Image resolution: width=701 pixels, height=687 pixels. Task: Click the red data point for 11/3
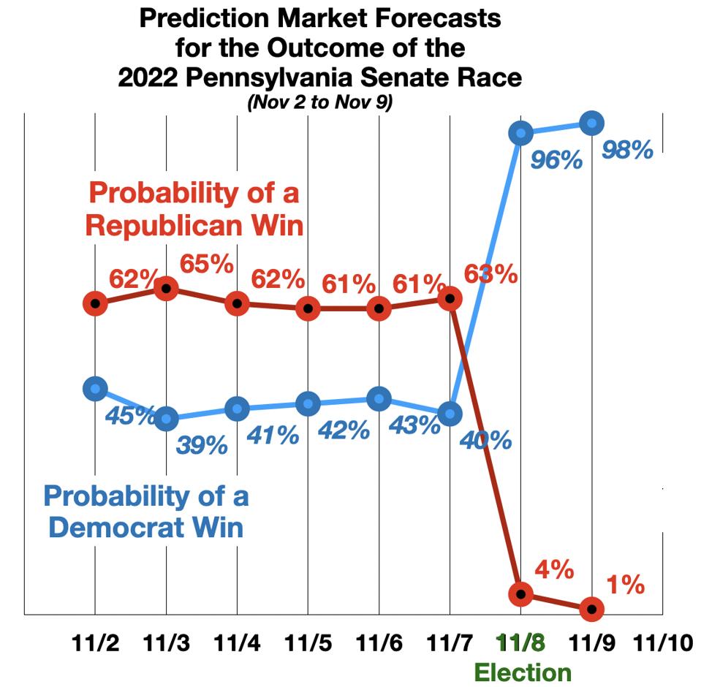[167, 289]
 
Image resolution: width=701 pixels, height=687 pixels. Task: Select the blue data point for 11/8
[520, 133]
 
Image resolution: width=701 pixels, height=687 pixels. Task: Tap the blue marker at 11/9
[591, 124]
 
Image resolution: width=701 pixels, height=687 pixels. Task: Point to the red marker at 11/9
[591, 608]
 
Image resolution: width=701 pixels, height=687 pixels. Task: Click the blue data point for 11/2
[95, 389]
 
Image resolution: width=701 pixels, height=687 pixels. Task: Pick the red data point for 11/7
[451, 298]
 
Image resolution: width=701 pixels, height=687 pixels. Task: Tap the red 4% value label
[554, 569]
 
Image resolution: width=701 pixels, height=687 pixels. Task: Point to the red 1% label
[625, 584]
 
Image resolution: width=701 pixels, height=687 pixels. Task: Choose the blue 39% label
[202, 444]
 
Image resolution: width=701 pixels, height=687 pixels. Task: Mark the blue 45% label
[130, 415]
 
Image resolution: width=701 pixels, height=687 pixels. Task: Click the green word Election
[523, 672]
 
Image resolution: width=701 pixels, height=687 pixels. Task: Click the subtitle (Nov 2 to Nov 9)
[319, 103]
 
